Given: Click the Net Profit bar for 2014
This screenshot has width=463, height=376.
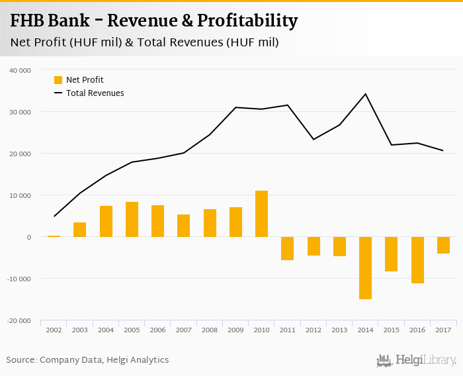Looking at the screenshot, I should coord(366,268).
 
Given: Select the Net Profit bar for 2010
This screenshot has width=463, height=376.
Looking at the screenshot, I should coord(262,214).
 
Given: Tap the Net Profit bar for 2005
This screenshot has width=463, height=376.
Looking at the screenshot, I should coord(132,219).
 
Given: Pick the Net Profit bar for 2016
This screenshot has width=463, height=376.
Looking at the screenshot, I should coord(417,260).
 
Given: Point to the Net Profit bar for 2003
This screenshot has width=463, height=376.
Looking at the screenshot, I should coord(80,230).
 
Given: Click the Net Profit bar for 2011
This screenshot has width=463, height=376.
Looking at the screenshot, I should coord(288,248).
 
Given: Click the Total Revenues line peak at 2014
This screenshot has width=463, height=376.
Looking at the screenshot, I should coord(366,94).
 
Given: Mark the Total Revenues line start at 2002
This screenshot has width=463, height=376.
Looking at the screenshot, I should coord(54,216).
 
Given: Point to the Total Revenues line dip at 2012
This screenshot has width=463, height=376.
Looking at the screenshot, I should coord(314,139).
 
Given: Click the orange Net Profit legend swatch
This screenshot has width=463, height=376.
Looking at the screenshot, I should coord(58,80).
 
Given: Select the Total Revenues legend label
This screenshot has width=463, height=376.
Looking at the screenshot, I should coord(95,93).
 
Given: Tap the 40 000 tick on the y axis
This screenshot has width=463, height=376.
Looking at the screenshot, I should coord(20,70).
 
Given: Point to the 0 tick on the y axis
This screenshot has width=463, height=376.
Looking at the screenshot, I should coord(28,237).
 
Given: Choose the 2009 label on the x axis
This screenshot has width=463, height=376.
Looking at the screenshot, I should coord(236,330).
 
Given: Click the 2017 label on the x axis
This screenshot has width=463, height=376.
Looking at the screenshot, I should coord(443,330).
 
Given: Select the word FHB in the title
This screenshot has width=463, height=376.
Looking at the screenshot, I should coord(30,21).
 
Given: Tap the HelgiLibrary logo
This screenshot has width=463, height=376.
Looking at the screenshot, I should coord(416,360).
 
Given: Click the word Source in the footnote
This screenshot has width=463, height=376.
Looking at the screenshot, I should coord(21,360).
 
